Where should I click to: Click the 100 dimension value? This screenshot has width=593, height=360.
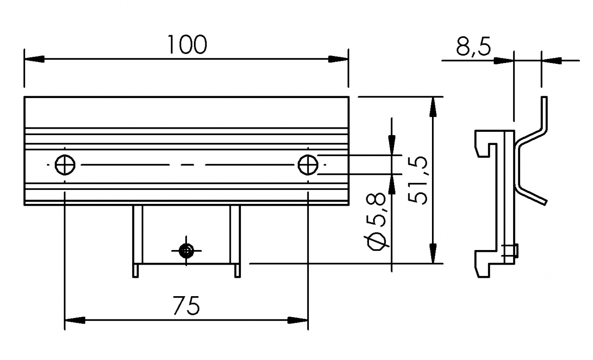tap(187, 44)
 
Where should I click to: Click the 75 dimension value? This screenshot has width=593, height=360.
tap(187, 306)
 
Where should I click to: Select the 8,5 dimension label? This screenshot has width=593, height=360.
tap(473, 47)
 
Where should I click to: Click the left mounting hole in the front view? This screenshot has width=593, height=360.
tap(65, 165)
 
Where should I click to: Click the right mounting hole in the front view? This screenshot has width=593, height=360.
tap(308, 165)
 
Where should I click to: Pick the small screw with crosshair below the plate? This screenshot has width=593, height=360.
tap(186, 250)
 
